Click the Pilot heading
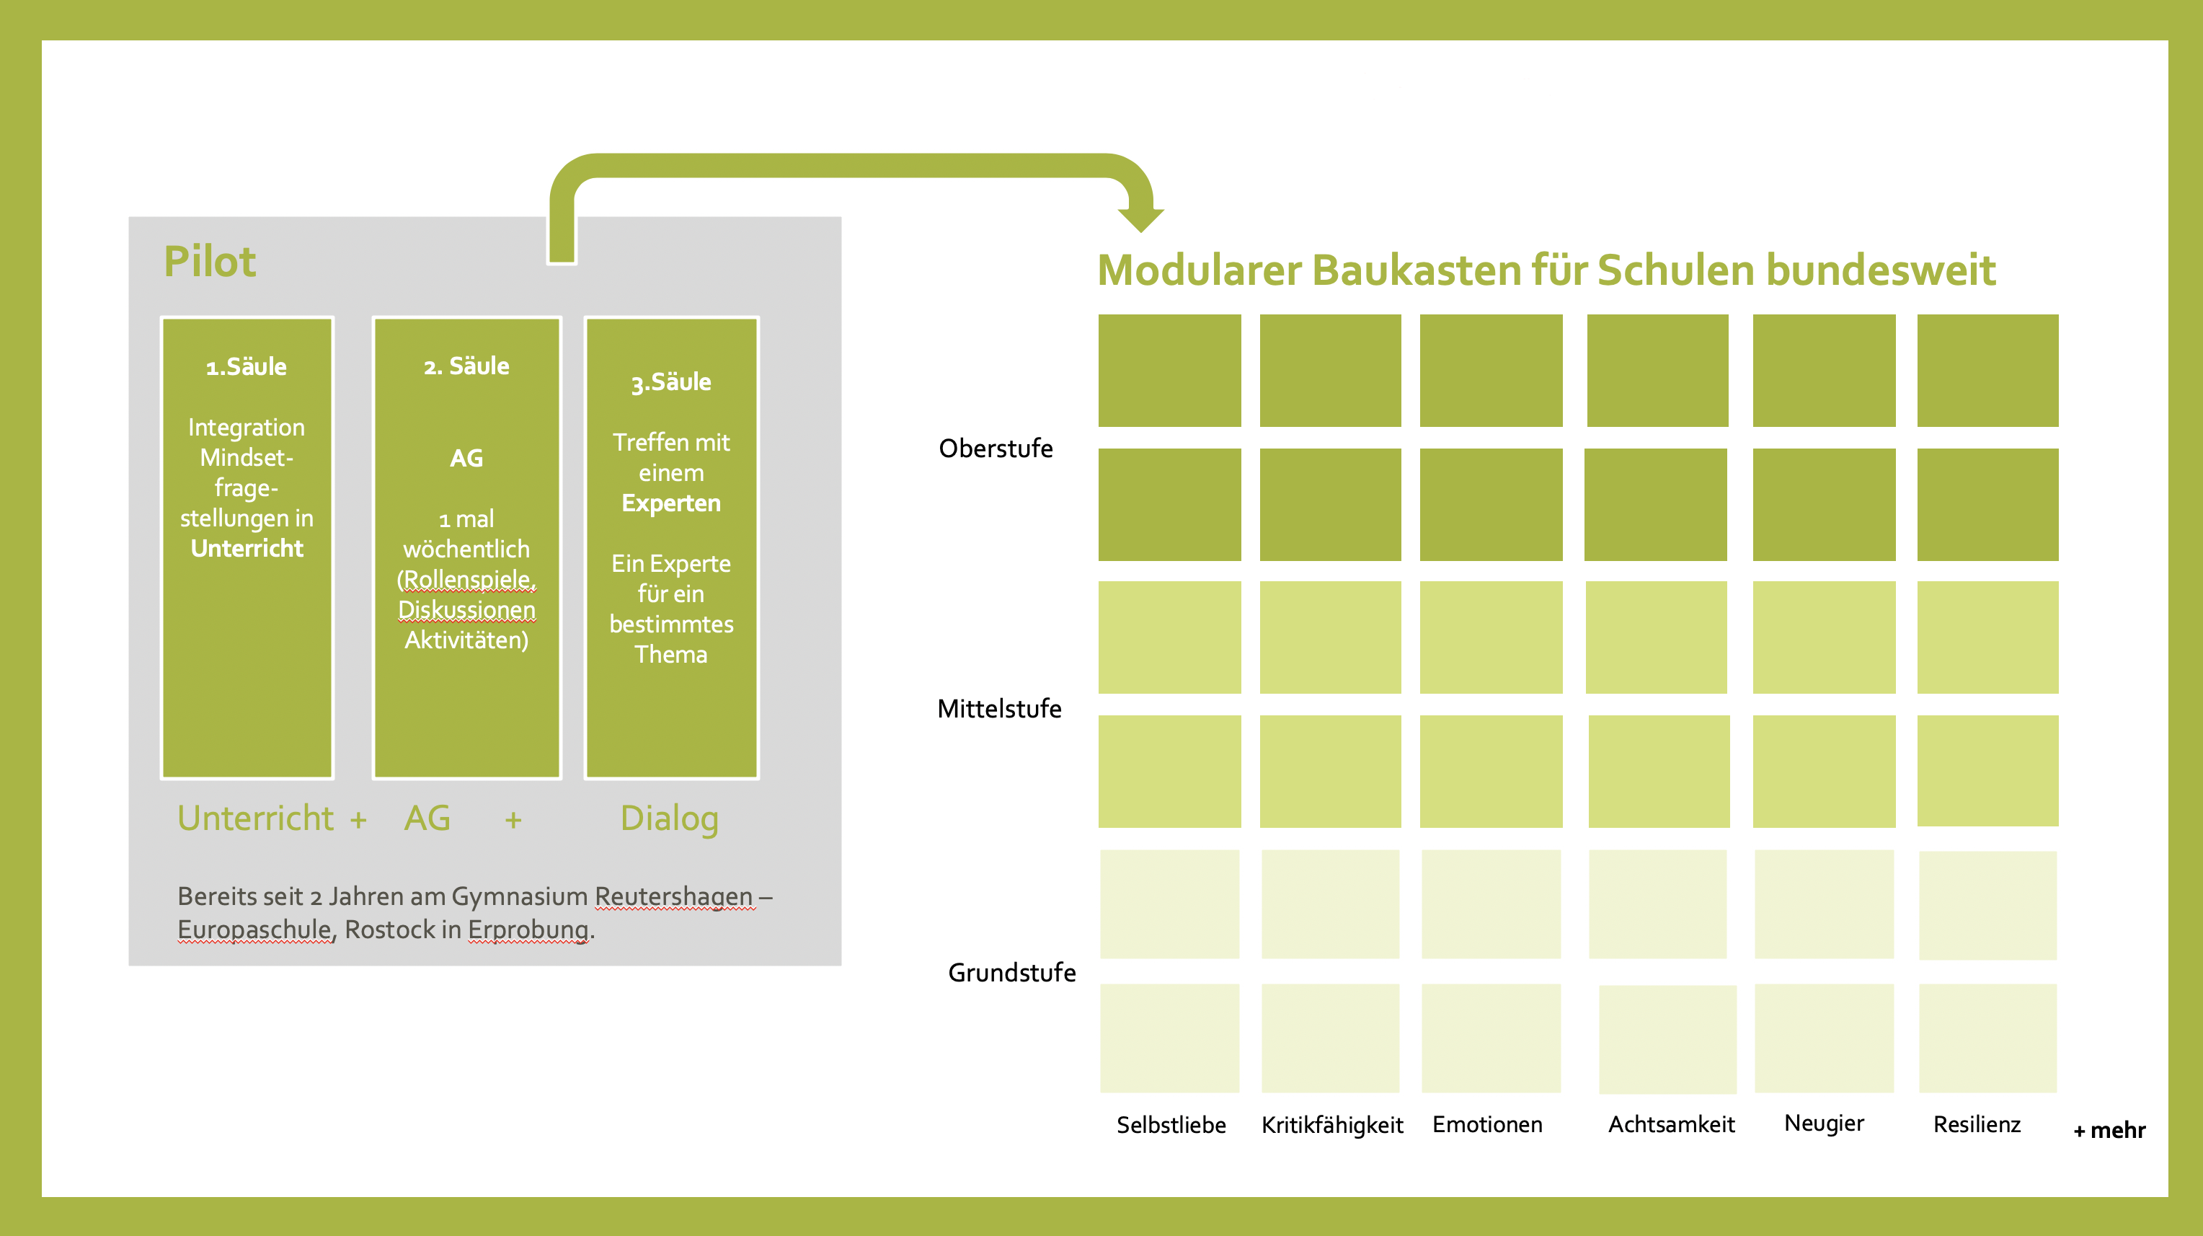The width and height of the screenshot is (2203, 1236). (210, 262)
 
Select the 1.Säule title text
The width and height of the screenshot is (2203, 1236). (247, 367)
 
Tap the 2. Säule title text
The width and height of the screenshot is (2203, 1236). (466, 366)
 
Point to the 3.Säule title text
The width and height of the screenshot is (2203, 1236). (671, 382)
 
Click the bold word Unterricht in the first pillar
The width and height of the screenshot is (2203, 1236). (247, 548)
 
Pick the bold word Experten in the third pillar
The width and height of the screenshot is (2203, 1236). (671, 503)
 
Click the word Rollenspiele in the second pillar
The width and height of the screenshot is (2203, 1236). (468, 579)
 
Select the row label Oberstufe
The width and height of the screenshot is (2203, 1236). (996, 449)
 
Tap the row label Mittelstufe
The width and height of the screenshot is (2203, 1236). (999, 708)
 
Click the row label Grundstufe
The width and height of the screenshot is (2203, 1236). (1011, 973)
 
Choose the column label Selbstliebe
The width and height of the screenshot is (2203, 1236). (1171, 1125)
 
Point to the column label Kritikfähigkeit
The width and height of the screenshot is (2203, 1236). (1331, 1125)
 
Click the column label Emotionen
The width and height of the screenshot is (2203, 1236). (1487, 1124)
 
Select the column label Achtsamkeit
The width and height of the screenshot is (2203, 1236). (1671, 1124)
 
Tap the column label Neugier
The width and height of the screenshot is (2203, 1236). (1823, 1123)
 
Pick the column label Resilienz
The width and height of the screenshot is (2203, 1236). (1977, 1124)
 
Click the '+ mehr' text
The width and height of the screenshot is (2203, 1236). (2109, 1131)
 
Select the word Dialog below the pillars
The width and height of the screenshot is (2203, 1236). (669, 818)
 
